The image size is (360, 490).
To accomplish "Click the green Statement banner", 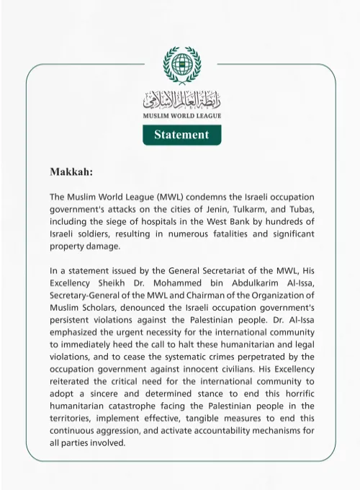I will [x=181, y=135].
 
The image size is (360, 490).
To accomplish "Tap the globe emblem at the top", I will [x=181, y=66].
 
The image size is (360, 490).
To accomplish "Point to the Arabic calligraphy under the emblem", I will [x=181, y=99].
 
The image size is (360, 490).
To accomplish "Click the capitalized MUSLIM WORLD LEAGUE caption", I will [x=181, y=116].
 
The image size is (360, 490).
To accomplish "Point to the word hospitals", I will [x=158, y=221].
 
